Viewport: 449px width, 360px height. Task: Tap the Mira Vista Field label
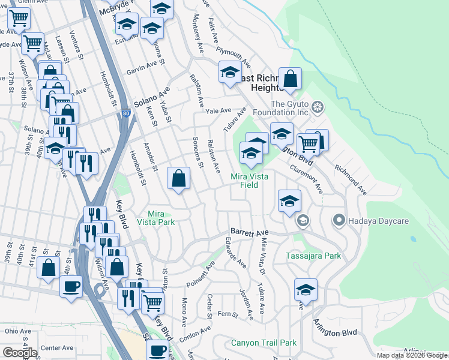point(253,181)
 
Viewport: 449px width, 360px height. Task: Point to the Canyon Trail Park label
point(264,343)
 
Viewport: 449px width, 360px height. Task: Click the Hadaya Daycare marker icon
point(339,221)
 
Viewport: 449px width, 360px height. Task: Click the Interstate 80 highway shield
point(124,112)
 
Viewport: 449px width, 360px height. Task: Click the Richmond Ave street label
point(351,180)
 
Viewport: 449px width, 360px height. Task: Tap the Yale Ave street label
point(218,111)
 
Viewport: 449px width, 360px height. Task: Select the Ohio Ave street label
point(18,331)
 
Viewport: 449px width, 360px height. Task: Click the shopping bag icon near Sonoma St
point(179,178)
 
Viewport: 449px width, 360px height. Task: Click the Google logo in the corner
point(20,353)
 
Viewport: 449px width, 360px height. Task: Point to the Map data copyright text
point(412,355)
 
